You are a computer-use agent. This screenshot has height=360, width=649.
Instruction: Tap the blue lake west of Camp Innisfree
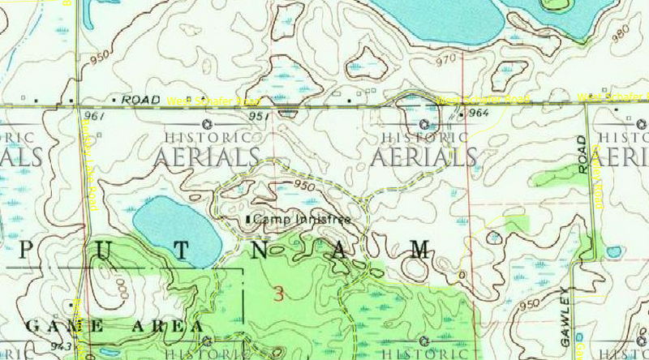(176, 228)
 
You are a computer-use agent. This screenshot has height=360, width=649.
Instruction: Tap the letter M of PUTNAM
(419, 250)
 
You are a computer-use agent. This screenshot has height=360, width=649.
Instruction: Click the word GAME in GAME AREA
(65, 326)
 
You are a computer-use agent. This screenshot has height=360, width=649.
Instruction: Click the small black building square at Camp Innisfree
(248, 220)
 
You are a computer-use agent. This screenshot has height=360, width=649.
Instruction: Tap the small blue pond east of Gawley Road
(614, 252)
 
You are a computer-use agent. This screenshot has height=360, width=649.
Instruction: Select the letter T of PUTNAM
(183, 251)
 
